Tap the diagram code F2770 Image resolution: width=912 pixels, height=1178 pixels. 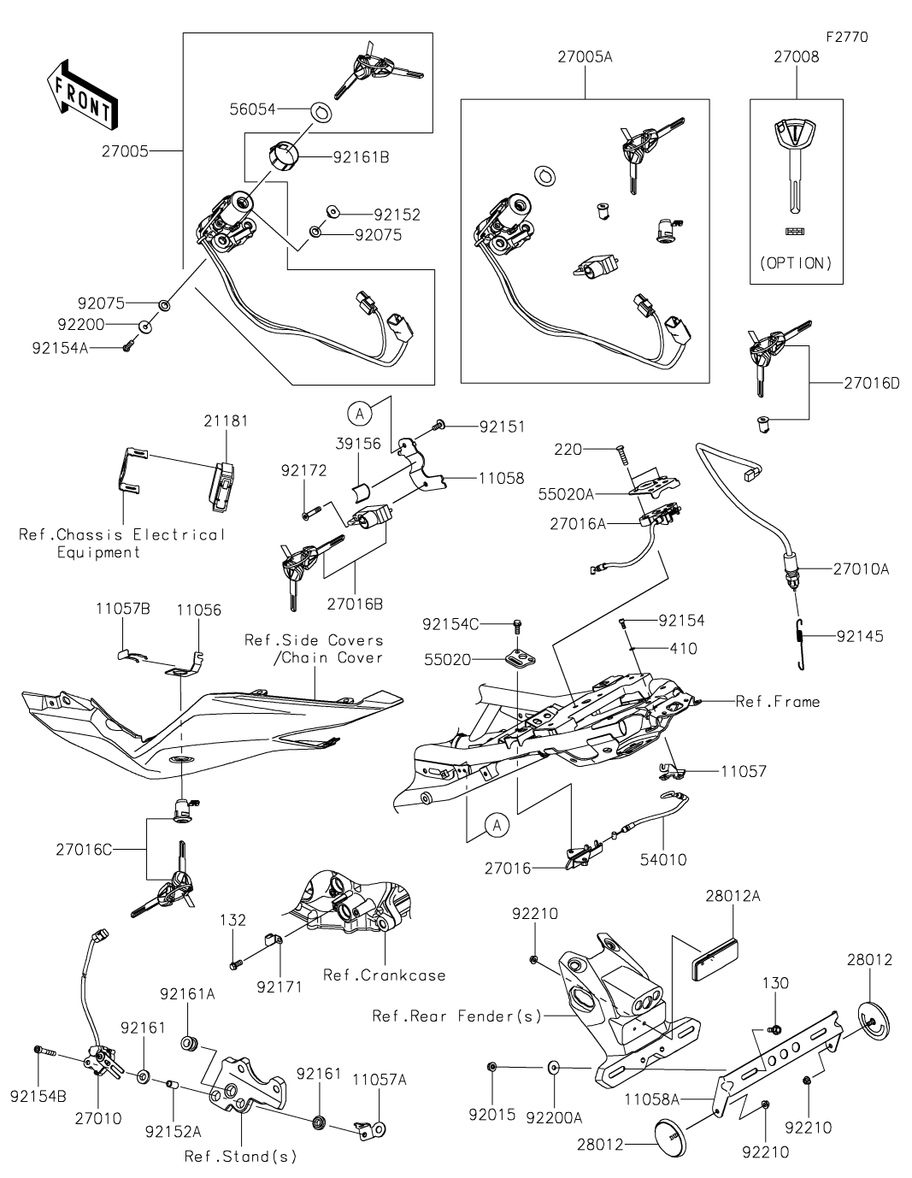click(x=846, y=38)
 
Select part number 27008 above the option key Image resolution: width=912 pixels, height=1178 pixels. click(x=796, y=57)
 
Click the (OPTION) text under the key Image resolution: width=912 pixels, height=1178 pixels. click(x=796, y=262)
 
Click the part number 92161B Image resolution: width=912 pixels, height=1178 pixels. click(x=361, y=157)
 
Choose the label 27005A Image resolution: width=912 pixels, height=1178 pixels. click(x=585, y=57)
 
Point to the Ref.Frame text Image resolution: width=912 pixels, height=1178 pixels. click(x=777, y=702)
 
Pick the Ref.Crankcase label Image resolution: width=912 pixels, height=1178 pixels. click(x=384, y=975)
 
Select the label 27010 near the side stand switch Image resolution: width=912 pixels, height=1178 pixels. click(x=97, y=1118)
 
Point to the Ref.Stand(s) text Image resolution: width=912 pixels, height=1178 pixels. click(x=240, y=1157)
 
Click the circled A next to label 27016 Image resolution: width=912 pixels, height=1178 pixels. click(x=495, y=825)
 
